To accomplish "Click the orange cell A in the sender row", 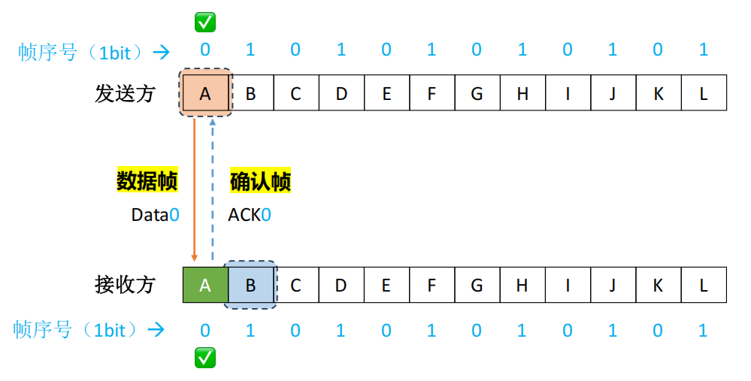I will click(205, 94).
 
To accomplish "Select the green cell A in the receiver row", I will click(205, 285).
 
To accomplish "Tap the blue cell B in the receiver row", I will click(250, 285).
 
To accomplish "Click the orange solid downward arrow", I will click(195, 188).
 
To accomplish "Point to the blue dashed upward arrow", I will click(213, 188).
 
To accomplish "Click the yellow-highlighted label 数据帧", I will click(147, 181).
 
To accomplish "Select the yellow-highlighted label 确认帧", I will click(260, 181).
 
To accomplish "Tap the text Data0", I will click(156, 215).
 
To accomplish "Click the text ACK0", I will click(250, 215).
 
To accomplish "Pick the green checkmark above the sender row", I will click(205, 22).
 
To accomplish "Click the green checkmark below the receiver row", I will click(205, 358).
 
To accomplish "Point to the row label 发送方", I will click(125, 94).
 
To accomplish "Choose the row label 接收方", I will click(125, 285).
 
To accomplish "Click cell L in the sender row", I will click(704, 94).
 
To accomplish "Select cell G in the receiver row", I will click(477, 285).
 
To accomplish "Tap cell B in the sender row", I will click(250, 94).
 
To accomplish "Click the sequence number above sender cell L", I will click(704, 50).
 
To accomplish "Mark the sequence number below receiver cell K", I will click(659, 330).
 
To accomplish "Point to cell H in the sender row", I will click(522, 94).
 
